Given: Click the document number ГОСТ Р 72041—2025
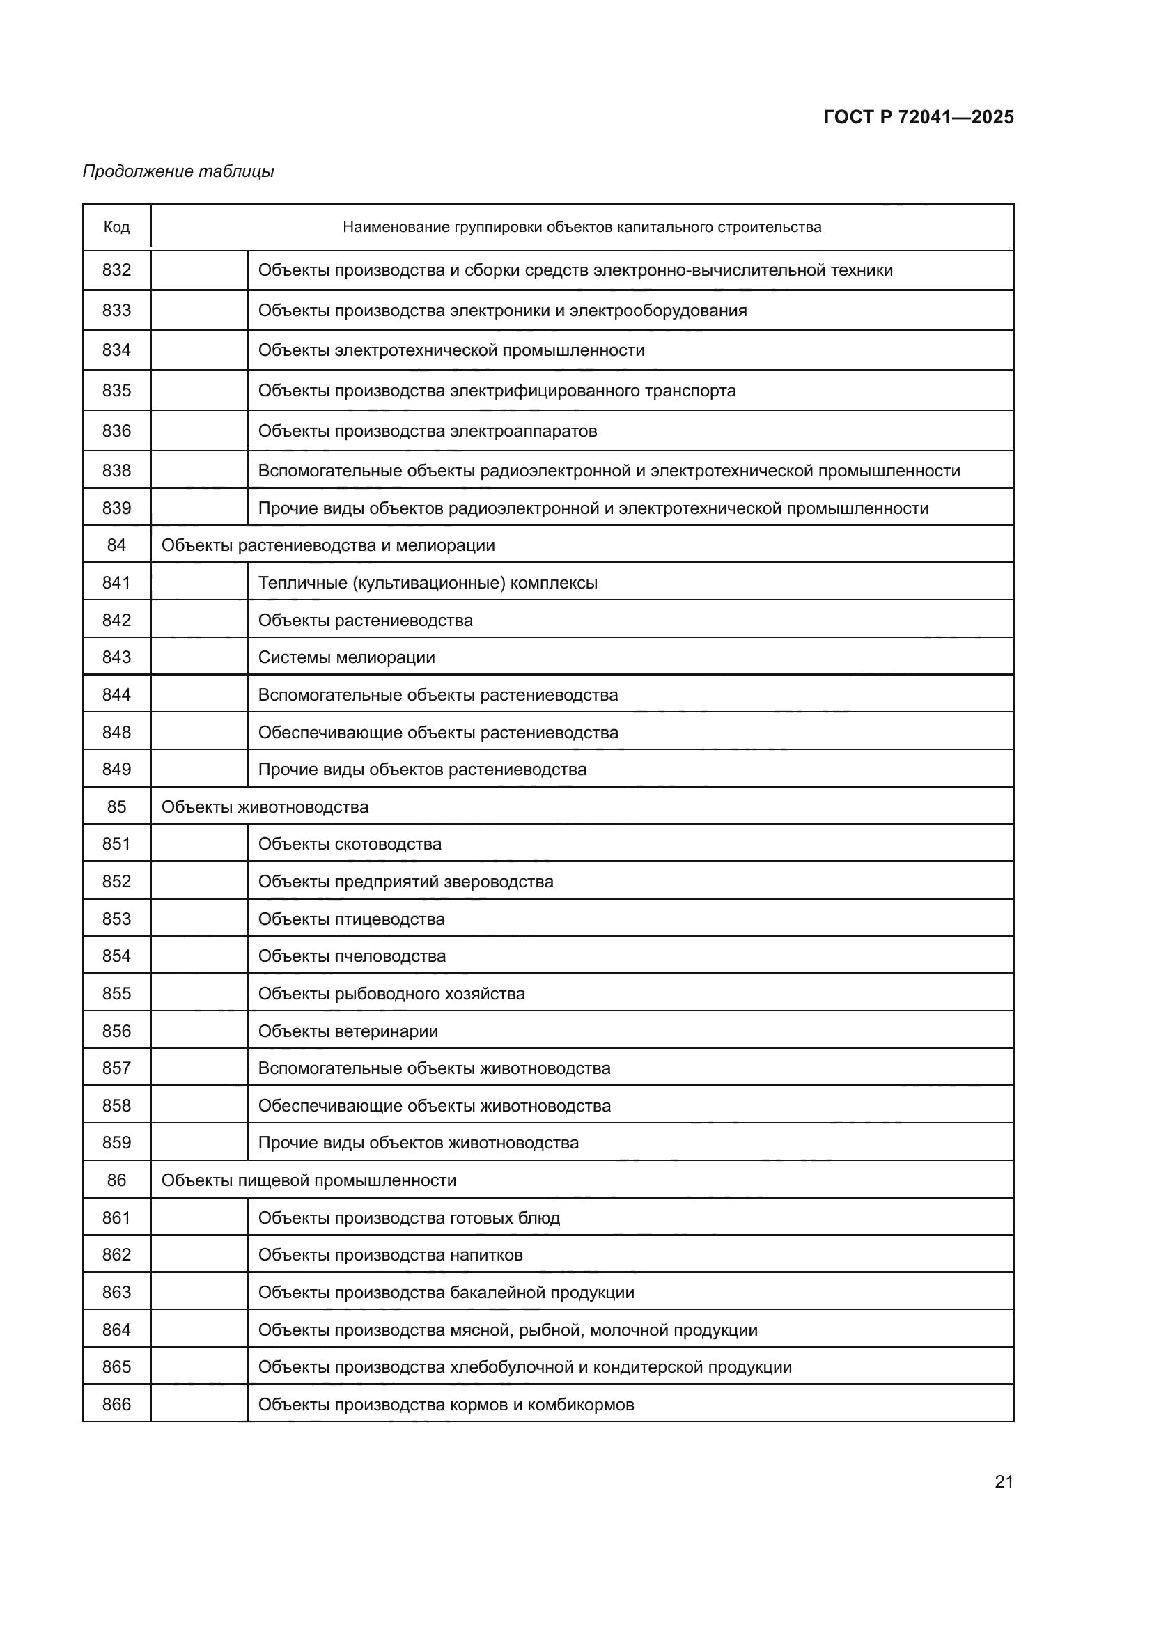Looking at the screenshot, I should tap(918, 117).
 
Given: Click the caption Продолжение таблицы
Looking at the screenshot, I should tap(178, 171).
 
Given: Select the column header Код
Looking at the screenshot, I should tap(116, 227).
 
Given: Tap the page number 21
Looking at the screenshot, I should tap(1004, 1481).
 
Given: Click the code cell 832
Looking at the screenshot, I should tap(116, 270).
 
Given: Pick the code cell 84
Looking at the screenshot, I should tap(116, 545).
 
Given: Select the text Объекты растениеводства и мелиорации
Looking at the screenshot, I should tap(328, 545).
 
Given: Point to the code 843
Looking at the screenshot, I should tap(116, 657).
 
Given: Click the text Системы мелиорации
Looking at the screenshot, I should tap(346, 657).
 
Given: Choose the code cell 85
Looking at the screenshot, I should tap(116, 806).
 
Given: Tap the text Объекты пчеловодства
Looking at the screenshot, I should tap(352, 956).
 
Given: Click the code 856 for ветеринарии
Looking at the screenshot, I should tap(116, 1031).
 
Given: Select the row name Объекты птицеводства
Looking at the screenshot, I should tap(351, 919).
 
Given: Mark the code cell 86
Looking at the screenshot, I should tap(116, 1180).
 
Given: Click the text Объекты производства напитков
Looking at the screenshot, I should tap(390, 1255).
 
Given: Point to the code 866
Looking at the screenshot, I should tap(116, 1404).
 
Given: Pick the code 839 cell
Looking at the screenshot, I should tap(116, 508).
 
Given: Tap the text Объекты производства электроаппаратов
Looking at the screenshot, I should tap(427, 431).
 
